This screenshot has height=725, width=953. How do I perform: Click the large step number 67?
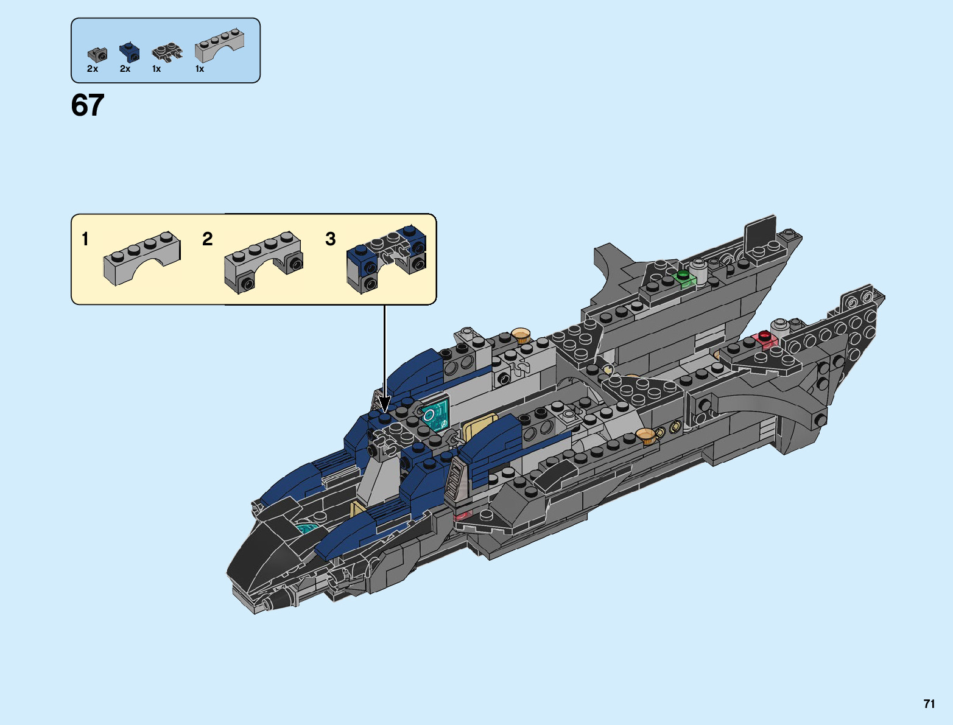click(88, 105)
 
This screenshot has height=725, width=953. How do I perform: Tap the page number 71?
click(929, 704)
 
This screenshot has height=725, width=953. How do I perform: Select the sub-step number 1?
click(85, 239)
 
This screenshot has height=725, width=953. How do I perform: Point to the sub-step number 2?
click(208, 239)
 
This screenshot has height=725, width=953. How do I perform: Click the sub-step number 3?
click(331, 239)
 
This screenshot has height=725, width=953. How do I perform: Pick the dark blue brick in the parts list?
click(129, 53)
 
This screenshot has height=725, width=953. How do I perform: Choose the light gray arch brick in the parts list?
click(219, 46)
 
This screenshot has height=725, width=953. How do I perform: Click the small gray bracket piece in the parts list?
click(97, 54)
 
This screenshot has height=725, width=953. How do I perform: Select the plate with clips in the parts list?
click(167, 52)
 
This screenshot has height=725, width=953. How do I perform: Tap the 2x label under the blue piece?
click(125, 69)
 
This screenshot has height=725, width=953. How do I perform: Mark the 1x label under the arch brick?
click(200, 69)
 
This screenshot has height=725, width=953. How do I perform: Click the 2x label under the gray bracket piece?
click(93, 69)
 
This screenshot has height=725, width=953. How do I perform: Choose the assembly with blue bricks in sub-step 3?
click(385, 259)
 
